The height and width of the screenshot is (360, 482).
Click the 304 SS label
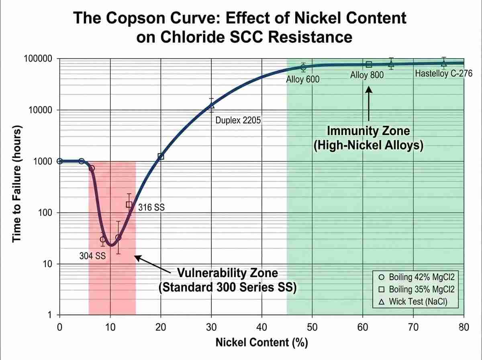click(x=92, y=256)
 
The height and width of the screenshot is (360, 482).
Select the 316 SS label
click(x=151, y=208)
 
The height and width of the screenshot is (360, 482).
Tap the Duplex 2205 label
click(x=239, y=120)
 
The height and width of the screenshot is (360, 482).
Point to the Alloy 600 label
click(x=302, y=79)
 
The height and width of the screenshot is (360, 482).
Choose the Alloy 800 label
click(x=367, y=75)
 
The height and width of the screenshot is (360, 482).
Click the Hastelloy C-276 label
click(x=443, y=74)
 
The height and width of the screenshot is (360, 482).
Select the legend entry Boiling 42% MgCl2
click(x=417, y=277)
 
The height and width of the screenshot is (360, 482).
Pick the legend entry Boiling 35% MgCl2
click(x=417, y=289)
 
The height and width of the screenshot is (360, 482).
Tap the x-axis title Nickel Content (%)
click(x=261, y=343)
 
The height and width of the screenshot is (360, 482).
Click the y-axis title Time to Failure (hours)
click(x=16, y=186)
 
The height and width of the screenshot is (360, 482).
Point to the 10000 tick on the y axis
click(x=40, y=110)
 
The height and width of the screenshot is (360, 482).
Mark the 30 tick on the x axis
click(x=211, y=327)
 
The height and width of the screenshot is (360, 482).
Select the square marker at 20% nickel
click(x=161, y=157)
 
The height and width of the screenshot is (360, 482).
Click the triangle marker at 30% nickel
click(x=212, y=105)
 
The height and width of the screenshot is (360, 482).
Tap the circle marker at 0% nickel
click(x=60, y=161)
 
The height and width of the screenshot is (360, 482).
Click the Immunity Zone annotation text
click(x=368, y=138)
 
